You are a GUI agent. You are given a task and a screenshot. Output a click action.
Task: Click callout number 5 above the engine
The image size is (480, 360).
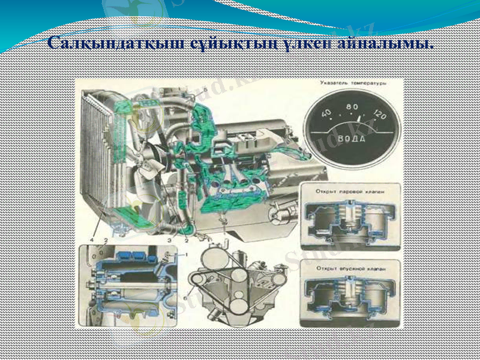[204, 89]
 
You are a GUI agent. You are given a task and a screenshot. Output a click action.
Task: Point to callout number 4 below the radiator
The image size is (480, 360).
[92, 240]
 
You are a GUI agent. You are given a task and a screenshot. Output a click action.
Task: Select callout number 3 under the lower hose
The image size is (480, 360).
[170, 240]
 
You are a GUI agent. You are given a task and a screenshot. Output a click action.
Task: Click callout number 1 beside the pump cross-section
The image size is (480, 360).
[186, 255]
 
